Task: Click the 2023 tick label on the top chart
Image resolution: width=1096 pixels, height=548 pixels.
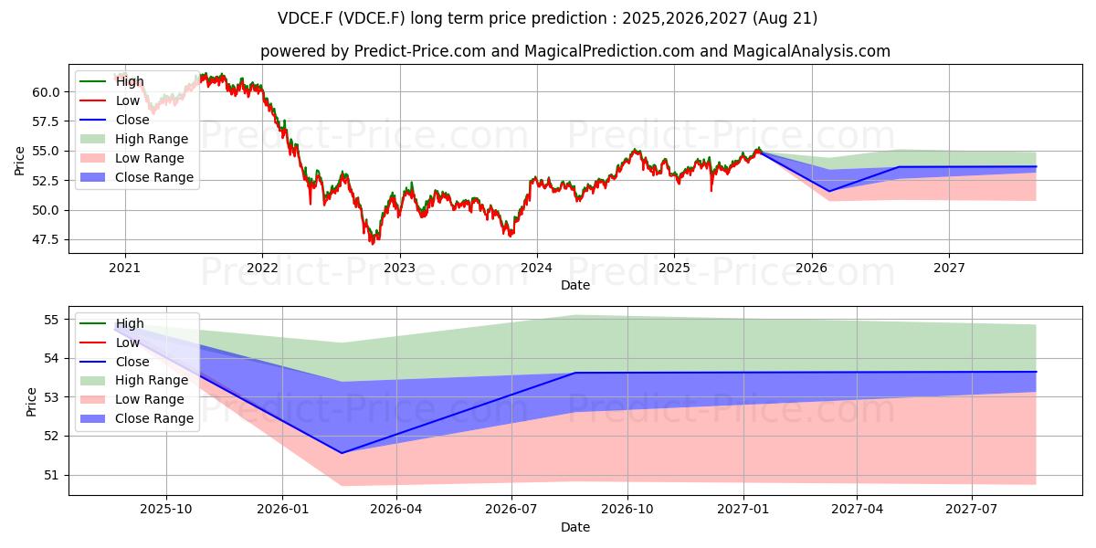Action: point(400,268)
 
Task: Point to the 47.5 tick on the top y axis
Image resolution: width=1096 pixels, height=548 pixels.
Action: point(46,239)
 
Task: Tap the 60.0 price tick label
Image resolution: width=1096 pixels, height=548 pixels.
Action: point(46,92)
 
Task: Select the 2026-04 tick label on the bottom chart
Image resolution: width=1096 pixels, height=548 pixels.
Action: point(396,509)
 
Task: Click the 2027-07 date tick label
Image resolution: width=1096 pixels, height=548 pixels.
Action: point(971,509)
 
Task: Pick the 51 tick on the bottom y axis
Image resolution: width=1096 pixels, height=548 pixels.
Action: point(51,475)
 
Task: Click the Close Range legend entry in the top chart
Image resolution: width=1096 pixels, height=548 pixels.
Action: point(136,177)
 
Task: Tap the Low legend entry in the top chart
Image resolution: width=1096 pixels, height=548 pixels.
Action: point(110,100)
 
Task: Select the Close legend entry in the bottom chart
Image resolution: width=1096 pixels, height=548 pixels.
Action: point(114,362)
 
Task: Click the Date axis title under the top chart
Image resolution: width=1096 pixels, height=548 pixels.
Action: point(574,285)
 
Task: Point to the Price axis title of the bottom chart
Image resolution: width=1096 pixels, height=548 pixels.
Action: point(31,402)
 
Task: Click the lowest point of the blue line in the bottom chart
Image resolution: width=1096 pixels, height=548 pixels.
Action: point(342,453)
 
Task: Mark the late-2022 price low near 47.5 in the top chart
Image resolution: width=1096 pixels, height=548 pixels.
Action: point(373,243)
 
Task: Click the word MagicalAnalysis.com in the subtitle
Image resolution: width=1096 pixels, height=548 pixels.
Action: point(811,51)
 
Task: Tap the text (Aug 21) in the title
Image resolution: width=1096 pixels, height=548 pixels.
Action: point(785,18)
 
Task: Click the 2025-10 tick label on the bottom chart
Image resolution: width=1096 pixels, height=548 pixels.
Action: point(166,509)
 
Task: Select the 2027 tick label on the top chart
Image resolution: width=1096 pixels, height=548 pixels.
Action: point(949,268)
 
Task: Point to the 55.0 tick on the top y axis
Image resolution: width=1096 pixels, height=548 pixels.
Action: point(46,152)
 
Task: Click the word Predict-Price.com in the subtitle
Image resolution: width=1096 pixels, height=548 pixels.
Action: point(419,51)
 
